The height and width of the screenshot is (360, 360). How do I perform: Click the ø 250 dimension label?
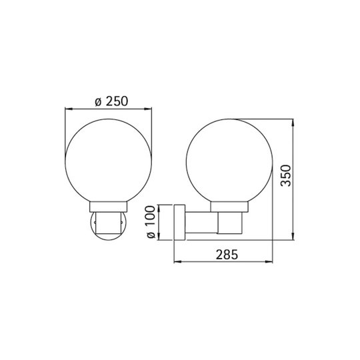pos(111,101)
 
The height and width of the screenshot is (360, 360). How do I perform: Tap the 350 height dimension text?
pos(286,175)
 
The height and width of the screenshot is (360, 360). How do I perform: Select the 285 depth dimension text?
pos(227,255)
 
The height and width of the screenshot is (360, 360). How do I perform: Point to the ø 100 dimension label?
pos(151,222)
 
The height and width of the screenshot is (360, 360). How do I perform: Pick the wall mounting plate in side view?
pos(180,222)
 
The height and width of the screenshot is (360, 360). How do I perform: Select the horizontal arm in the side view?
pos(201,222)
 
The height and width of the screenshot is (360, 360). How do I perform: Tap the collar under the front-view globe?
pos(109,207)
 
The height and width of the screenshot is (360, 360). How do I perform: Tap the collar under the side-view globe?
pos(229,207)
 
